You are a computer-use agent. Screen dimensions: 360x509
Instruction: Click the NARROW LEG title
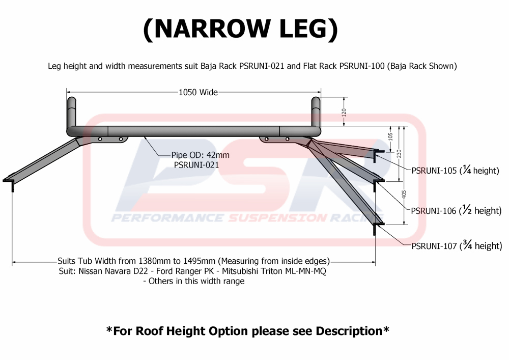240,29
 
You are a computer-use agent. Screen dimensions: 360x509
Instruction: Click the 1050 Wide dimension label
198,92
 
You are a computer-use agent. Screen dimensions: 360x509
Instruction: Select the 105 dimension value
390,136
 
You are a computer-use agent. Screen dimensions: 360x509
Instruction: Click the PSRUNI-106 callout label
434,210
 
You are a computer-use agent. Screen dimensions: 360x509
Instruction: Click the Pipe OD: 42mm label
202,155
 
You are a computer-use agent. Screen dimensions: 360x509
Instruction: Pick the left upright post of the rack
72,112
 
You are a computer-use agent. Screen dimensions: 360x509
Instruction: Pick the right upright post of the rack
316,112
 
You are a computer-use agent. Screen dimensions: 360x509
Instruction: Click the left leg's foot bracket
10,182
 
